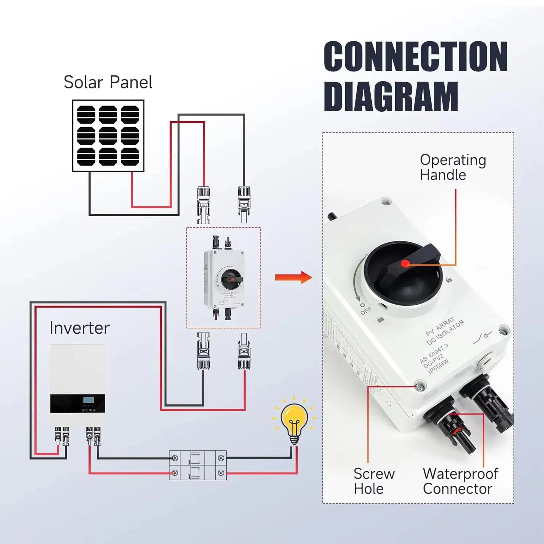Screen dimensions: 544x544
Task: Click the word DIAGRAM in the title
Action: [x=391, y=96]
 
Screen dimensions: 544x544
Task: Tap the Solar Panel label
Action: [x=108, y=82]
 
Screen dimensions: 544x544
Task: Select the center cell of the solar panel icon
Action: [x=108, y=136]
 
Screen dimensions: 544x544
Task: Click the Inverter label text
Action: [x=79, y=328]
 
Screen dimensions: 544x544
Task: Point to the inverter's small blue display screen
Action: [x=88, y=400]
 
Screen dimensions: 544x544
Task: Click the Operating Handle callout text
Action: [x=453, y=167]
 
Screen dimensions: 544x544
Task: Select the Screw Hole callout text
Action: [x=374, y=481]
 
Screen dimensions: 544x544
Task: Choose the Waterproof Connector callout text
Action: [x=460, y=481]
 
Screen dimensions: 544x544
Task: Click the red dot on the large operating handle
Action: [x=405, y=264]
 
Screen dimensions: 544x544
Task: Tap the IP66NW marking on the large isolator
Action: [x=438, y=366]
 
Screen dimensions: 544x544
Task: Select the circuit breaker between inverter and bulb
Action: [x=198, y=465]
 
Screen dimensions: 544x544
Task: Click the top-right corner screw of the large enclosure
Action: [x=502, y=330]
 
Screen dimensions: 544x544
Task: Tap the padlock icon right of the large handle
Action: [x=449, y=280]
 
